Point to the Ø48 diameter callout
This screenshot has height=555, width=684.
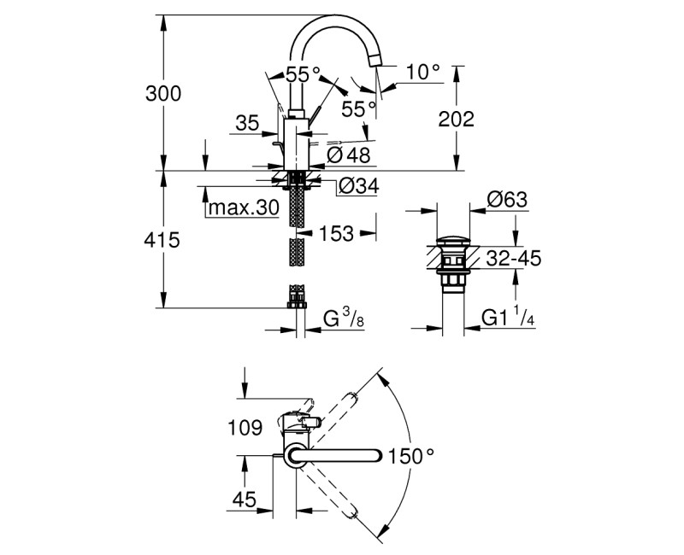346,155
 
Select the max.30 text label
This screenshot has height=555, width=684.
242,207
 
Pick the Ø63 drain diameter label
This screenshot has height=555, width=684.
507,201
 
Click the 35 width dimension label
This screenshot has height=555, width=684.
247,124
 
